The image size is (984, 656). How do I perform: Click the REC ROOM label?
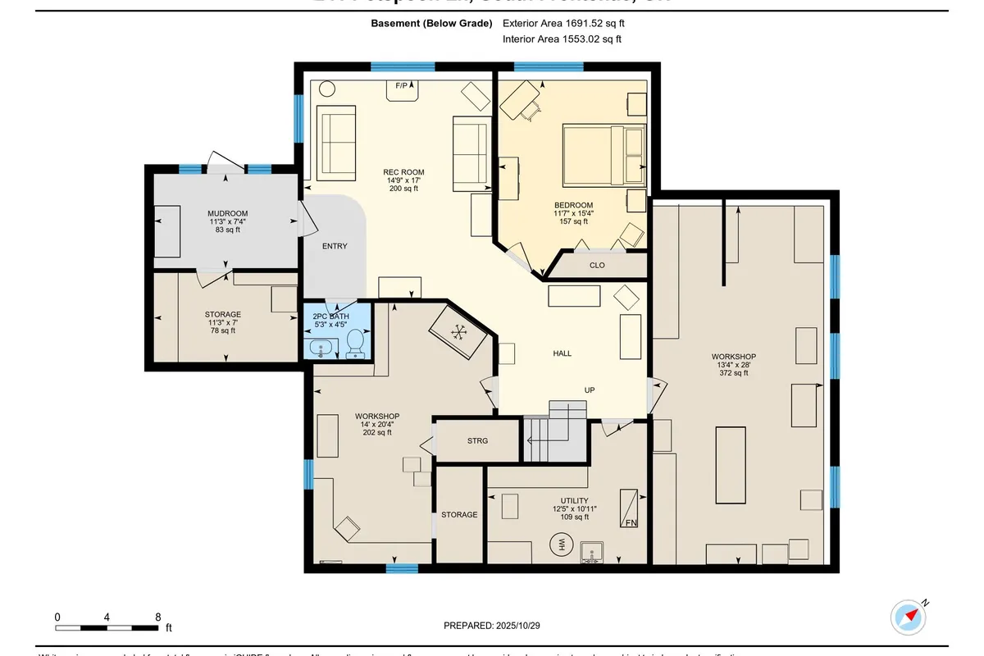click(403, 172)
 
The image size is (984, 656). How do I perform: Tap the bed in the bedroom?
click(604, 155)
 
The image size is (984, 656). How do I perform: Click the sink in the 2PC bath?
click(322, 348)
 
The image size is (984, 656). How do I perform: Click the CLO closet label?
click(597, 265)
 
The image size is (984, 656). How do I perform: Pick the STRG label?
click(477, 441)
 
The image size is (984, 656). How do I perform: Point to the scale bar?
click(107, 628)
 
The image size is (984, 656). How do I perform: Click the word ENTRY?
click(335, 246)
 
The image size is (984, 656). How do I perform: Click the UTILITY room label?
click(574, 500)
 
